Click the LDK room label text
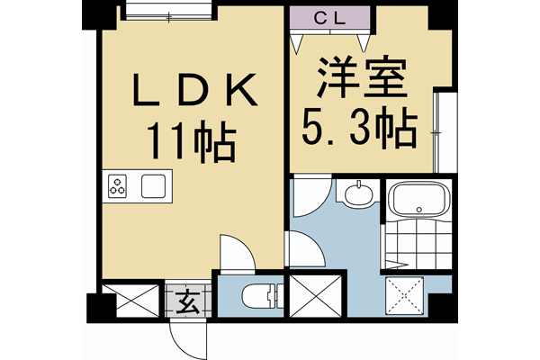(194, 91)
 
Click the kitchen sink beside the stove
(153, 186)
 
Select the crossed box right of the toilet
(316, 296)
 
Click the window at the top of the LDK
(168, 11)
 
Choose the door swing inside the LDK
(238, 253)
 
